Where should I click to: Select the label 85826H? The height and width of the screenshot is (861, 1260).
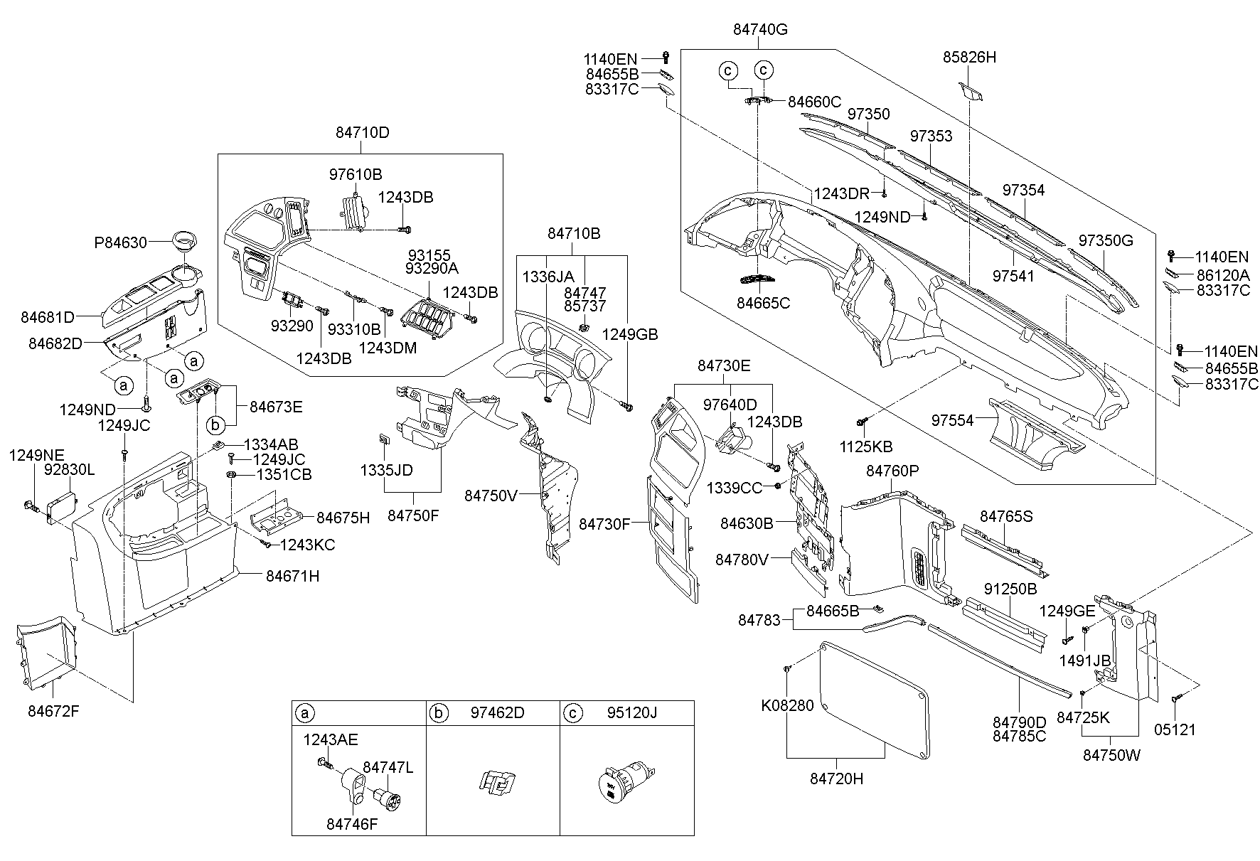coord(969,57)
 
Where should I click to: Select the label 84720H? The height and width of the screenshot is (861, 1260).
coord(836,779)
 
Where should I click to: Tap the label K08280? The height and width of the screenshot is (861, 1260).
coord(787,707)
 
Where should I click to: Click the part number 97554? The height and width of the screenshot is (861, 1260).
coord(952,421)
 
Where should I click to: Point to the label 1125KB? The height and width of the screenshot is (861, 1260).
coord(865,446)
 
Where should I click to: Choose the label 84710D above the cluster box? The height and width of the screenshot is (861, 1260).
coord(362,133)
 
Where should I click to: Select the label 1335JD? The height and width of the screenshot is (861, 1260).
coord(386,470)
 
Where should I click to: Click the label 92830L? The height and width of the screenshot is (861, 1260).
coord(69,470)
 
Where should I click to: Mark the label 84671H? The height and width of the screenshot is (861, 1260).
coord(292,577)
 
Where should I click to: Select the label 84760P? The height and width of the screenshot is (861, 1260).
coord(892,471)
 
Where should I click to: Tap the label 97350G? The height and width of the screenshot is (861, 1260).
coord(1105,240)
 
